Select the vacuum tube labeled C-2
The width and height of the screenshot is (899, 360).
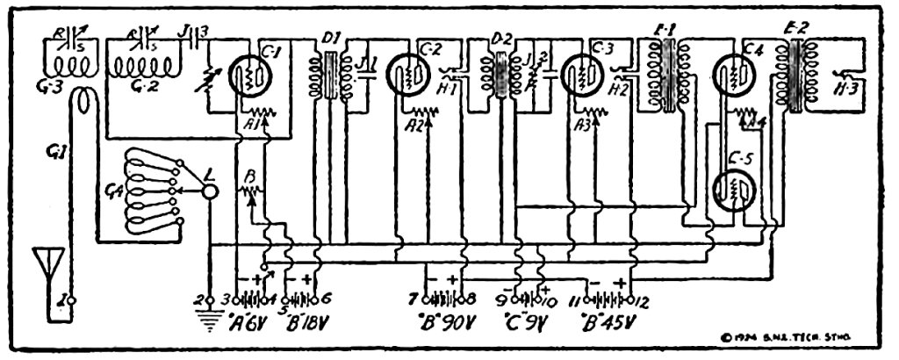pos(408,77)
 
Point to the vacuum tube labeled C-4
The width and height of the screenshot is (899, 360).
pos(731,77)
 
